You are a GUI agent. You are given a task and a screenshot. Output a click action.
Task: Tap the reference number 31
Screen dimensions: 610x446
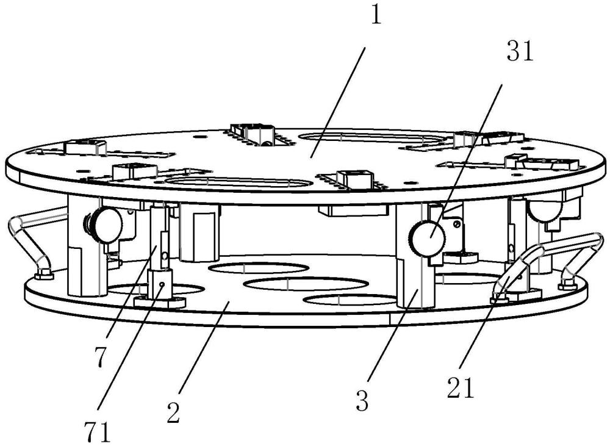click(520, 51)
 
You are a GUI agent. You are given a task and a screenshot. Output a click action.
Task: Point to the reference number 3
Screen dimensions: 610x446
click(362, 401)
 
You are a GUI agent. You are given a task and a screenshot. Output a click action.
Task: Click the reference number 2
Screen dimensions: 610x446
click(173, 412)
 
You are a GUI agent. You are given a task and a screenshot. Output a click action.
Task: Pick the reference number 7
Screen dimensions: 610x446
click(100, 357)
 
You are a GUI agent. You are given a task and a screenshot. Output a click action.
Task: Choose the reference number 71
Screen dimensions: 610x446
click(97, 432)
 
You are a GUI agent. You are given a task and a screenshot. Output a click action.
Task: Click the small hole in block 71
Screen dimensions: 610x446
click(163, 285)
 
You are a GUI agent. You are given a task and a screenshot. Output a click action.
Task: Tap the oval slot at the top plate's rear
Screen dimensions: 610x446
click(373, 139)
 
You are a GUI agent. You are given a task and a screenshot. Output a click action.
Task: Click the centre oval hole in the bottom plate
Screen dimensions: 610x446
click(306, 283)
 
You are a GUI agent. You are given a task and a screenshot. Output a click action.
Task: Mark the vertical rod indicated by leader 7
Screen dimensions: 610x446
click(159, 238)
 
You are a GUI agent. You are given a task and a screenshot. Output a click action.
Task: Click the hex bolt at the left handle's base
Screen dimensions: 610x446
click(43, 276)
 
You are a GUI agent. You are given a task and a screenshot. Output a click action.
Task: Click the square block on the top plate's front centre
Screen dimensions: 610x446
click(354, 178)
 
